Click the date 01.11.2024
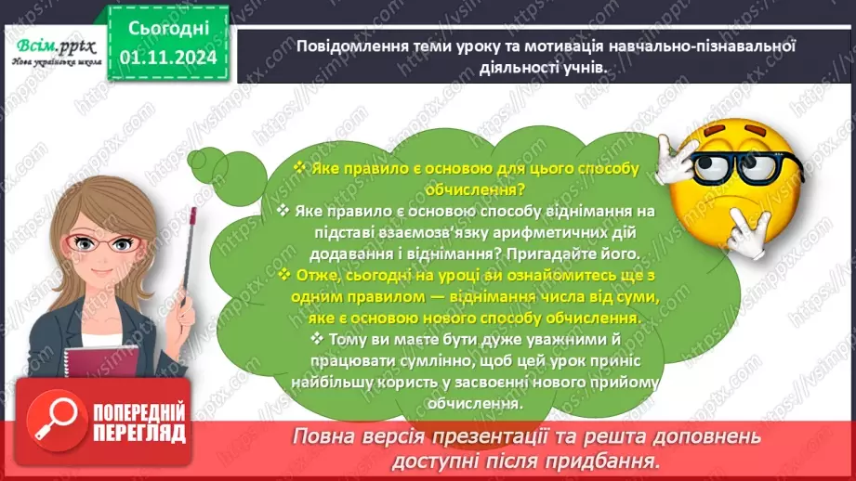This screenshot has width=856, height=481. [168, 58]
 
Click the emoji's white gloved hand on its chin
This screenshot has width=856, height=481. [744, 227]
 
